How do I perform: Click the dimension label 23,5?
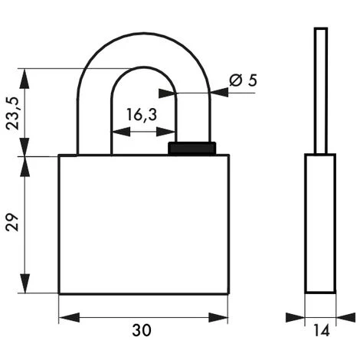pos(12,113)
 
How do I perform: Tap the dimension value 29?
pos(12,222)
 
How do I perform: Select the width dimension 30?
pos(142,330)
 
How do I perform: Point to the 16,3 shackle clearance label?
pos(142,115)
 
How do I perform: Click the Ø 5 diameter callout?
pos(243,80)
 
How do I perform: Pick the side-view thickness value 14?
pos(321,330)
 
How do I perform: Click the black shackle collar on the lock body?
pos(191,148)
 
